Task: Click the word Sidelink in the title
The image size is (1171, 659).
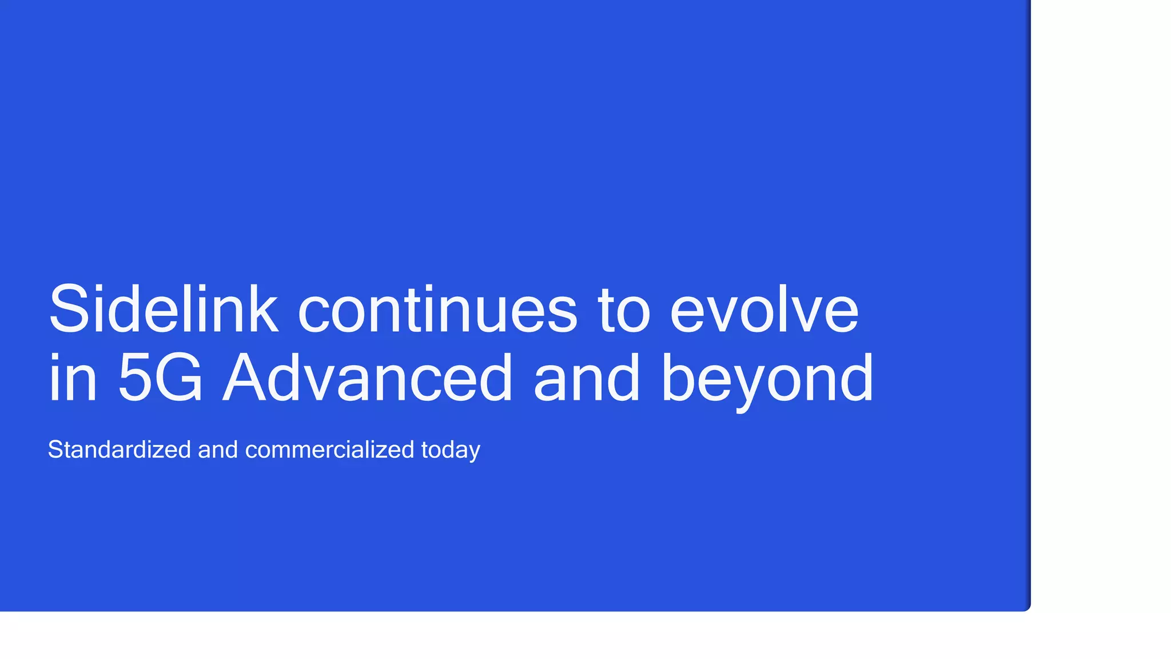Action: [164, 309]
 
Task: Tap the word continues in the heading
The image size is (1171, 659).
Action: [437, 309]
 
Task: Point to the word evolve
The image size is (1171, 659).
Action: [764, 309]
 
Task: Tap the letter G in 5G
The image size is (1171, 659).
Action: [179, 378]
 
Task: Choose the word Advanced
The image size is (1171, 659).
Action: [368, 378]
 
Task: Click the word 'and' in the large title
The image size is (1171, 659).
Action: [586, 378]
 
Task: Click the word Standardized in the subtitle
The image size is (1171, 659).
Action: [119, 450]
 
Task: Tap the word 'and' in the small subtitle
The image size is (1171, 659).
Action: [218, 450]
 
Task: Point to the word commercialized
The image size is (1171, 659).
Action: [329, 450]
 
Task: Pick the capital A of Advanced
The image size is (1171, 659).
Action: [247, 378]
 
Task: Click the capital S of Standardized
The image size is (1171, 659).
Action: [55, 450]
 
